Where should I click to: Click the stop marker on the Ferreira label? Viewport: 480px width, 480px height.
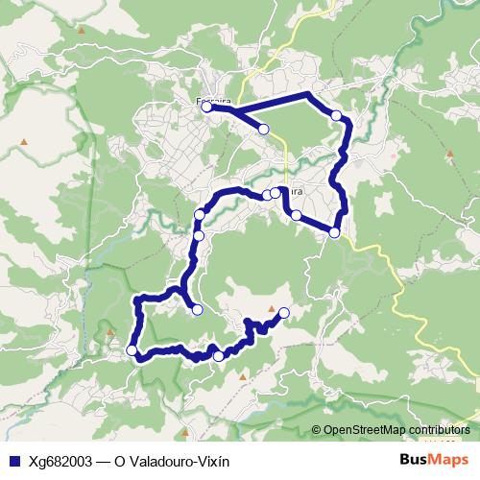206,108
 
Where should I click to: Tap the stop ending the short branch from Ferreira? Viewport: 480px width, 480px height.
263,129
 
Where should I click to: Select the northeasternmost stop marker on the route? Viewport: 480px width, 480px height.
336,115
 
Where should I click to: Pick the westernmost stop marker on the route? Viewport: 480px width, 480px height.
132,350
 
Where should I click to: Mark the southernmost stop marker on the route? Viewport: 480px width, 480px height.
218,357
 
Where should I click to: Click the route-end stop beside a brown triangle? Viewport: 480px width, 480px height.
284,311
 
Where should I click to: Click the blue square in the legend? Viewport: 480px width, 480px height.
13,461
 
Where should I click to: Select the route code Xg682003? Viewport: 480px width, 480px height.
59,461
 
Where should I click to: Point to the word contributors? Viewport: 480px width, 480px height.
443,429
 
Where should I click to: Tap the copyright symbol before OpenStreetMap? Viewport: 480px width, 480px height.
317,429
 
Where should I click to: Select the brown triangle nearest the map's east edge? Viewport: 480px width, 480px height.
448,154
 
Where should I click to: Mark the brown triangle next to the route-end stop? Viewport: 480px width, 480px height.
273,311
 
